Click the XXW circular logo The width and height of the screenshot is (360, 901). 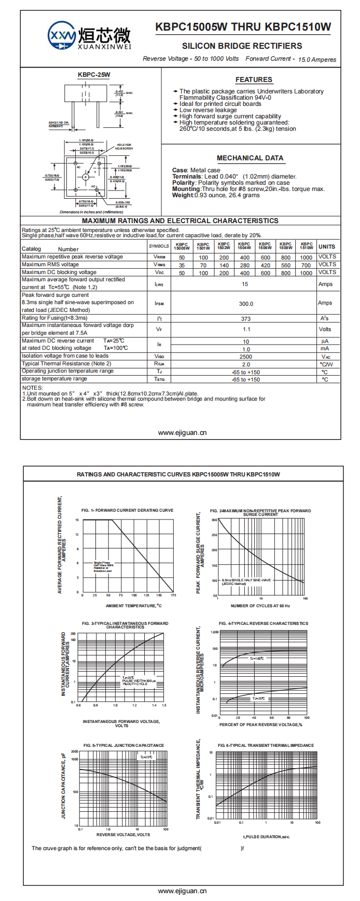pyautogui.click(x=62, y=36)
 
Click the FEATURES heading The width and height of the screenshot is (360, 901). pyautogui.click(x=254, y=80)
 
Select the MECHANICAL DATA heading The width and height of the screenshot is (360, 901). pyautogui.click(x=250, y=158)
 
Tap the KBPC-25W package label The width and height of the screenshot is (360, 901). pyautogui.click(x=94, y=75)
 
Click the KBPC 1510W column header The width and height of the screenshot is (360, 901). pyautogui.click(x=307, y=246)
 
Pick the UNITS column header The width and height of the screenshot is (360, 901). pyautogui.click(x=327, y=247)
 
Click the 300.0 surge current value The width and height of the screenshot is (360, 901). pyautogui.click(x=246, y=304)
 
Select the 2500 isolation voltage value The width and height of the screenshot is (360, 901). pyautogui.click(x=246, y=357)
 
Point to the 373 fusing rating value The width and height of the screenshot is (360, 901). pyautogui.click(x=246, y=319)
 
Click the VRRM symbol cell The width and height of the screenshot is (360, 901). pyautogui.click(x=159, y=257)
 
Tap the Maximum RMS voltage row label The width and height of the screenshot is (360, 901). pyautogui.click(x=50, y=265)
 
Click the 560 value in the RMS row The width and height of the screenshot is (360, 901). pyautogui.click(x=286, y=265)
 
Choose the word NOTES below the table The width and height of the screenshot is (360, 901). pyautogui.click(x=32, y=388)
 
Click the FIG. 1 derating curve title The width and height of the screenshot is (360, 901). pyautogui.click(x=128, y=510)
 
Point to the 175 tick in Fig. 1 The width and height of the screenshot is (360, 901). pyautogui.click(x=173, y=595)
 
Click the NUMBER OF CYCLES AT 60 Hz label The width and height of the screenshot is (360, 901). pyautogui.click(x=260, y=606)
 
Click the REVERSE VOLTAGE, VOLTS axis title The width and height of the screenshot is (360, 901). pyautogui.click(x=123, y=835)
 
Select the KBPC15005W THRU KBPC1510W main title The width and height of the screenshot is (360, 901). pyautogui.click(x=243, y=28)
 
